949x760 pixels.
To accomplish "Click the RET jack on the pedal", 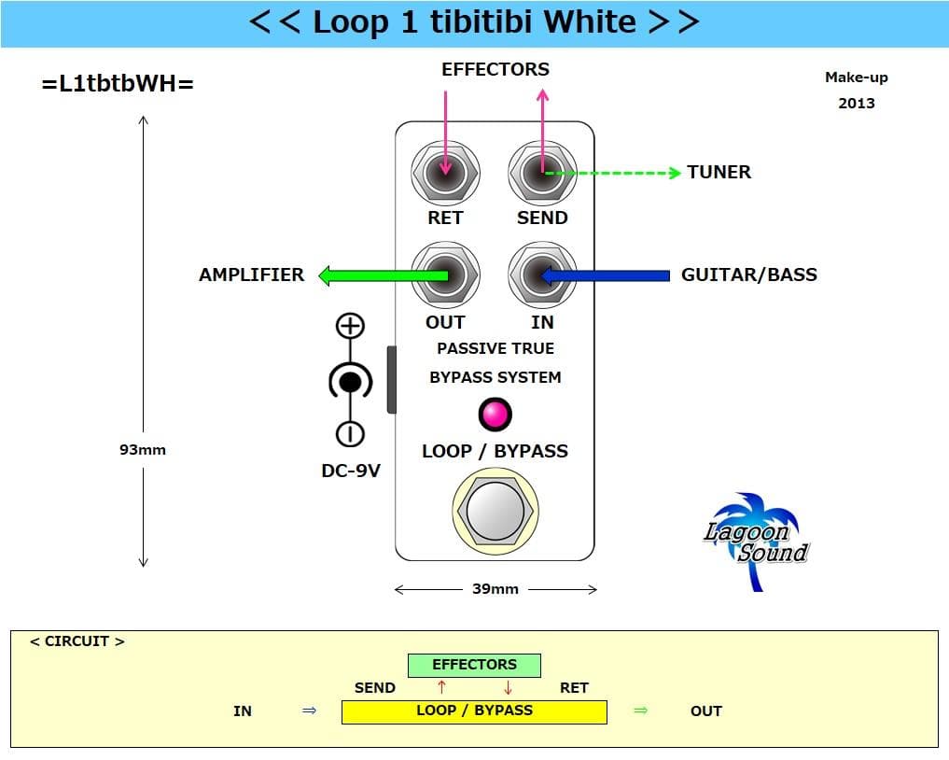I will tap(445, 173).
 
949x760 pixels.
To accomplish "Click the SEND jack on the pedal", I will tap(542, 173).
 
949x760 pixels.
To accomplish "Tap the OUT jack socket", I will tap(445, 275).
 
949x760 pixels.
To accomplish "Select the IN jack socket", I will tap(542, 275).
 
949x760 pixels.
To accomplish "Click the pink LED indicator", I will tap(495, 414).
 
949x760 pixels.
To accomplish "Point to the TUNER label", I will tap(719, 172).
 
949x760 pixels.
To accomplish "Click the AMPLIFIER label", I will tap(251, 274).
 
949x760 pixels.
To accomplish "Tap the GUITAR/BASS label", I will tap(748, 274).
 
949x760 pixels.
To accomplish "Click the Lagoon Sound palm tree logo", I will tap(754, 542).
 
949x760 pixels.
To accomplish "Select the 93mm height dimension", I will tap(143, 449).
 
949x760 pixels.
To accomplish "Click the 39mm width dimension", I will tap(495, 589).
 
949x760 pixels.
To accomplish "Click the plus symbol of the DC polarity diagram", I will tap(350, 326).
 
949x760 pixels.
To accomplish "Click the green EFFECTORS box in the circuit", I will tap(474, 665).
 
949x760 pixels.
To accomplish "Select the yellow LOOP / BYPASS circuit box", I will tap(474, 711).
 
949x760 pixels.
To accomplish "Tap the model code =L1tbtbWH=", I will tap(118, 83).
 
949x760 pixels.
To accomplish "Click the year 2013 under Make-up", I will tap(856, 103).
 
